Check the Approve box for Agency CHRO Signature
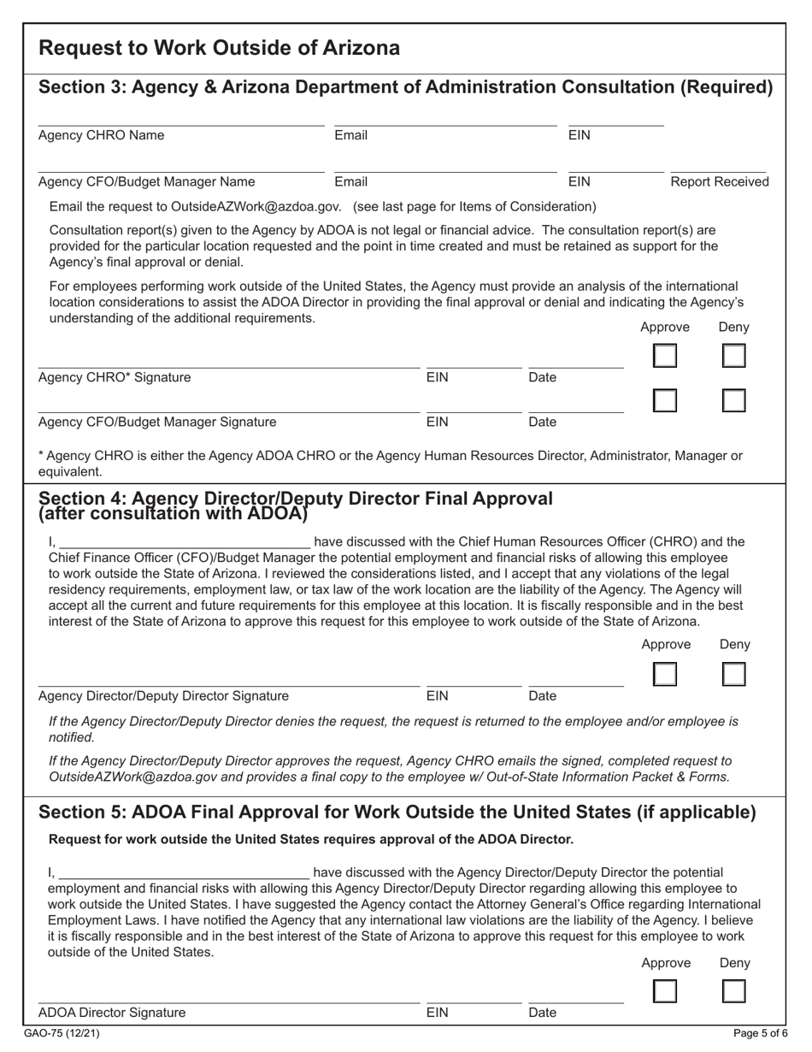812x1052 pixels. pyautogui.click(x=665, y=356)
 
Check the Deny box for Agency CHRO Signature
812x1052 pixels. pyautogui.click(x=733, y=356)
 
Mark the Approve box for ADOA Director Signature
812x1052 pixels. pyautogui.click(x=665, y=991)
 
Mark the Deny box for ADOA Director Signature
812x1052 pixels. pyautogui.click(x=733, y=991)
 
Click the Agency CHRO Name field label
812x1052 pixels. pyautogui.click(x=102, y=135)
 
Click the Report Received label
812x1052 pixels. pyautogui.click(x=719, y=181)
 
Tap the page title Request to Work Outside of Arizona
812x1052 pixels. pyautogui.click(x=220, y=48)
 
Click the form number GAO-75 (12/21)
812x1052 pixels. pyautogui.click(x=69, y=1033)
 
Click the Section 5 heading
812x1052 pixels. pyautogui.click(x=397, y=812)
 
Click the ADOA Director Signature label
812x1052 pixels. pyautogui.click(x=112, y=1013)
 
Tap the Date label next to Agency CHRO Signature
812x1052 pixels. pyautogui.click(x=543, y=377)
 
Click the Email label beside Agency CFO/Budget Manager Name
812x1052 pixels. pyautogui.click(x=350, y=181)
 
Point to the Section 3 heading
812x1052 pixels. pyautogui.click(x=406, y=87)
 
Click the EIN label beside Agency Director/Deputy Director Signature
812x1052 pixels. pyautogui.click(x=437, y=695)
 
